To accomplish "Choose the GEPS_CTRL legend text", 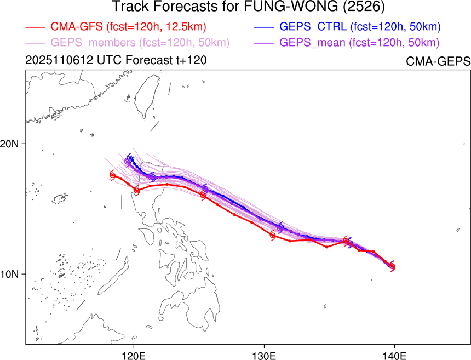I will [x=360, y=26].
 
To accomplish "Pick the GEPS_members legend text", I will [x=140, y=43].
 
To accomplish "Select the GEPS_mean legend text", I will [x=359, y=43].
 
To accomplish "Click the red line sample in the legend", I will [x=35, y=27].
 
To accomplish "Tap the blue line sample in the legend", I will [x=263, y=27].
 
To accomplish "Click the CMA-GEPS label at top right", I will [x=438, y=61].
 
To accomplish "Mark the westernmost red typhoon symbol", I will [x=113, y=175].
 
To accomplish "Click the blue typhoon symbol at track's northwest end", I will [x=130, y=159].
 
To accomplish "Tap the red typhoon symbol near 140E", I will [x=392, y=266].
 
